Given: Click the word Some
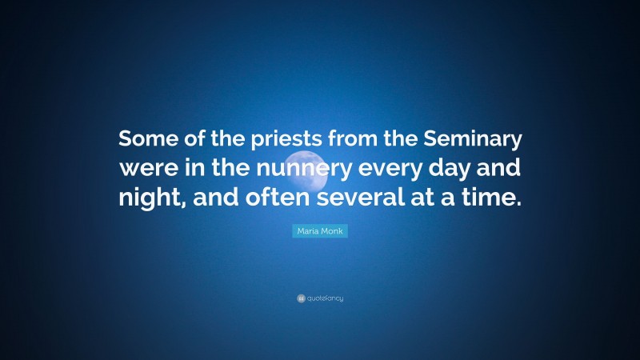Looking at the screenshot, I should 147,140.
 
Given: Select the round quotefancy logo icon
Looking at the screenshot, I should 301,298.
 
